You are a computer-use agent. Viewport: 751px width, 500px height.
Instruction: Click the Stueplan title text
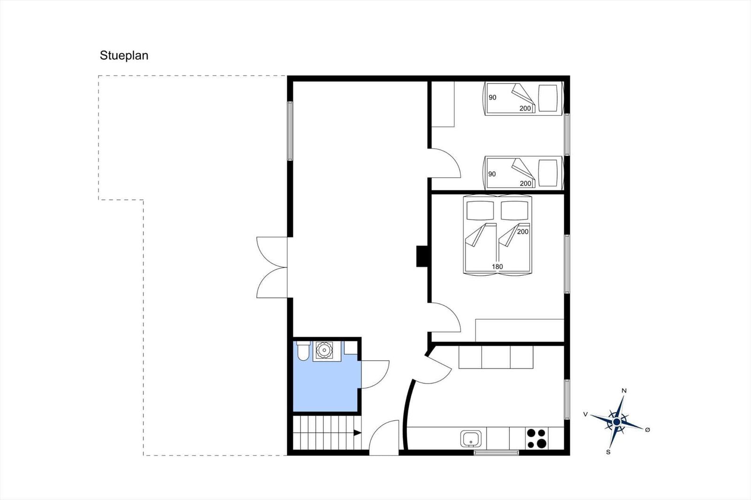pos(124,56)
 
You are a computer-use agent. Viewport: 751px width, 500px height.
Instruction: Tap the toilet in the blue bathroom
pos(303,350)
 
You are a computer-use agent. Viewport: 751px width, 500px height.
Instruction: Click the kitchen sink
pos(471,439)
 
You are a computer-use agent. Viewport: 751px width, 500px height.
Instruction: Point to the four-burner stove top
pos(536,439)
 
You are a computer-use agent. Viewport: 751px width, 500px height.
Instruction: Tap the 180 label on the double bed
pos(497,267)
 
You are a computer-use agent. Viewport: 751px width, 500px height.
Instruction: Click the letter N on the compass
pos(624,391)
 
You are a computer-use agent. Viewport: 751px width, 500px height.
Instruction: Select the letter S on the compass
pos(608,452)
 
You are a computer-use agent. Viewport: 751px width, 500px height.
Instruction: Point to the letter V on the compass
pos(585,414)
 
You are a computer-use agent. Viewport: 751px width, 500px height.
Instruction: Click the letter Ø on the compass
pos(647,430)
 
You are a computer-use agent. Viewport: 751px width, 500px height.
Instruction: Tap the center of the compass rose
pos(617,422)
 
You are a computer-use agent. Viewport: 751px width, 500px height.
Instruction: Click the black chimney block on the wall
pos(422,257)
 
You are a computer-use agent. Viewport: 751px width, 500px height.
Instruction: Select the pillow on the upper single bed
pos(548,98)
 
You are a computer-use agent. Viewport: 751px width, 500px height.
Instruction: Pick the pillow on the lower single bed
pos(548,173)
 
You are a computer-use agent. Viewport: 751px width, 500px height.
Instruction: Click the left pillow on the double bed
pos(480,211)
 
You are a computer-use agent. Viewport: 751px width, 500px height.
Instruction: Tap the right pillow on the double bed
pos(514,211)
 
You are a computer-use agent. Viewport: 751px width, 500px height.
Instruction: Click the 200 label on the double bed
pos(523,232)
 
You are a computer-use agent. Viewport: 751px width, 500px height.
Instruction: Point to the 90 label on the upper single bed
pos(492,98)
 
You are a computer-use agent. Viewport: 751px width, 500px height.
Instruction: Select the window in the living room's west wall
pos(290,131)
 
